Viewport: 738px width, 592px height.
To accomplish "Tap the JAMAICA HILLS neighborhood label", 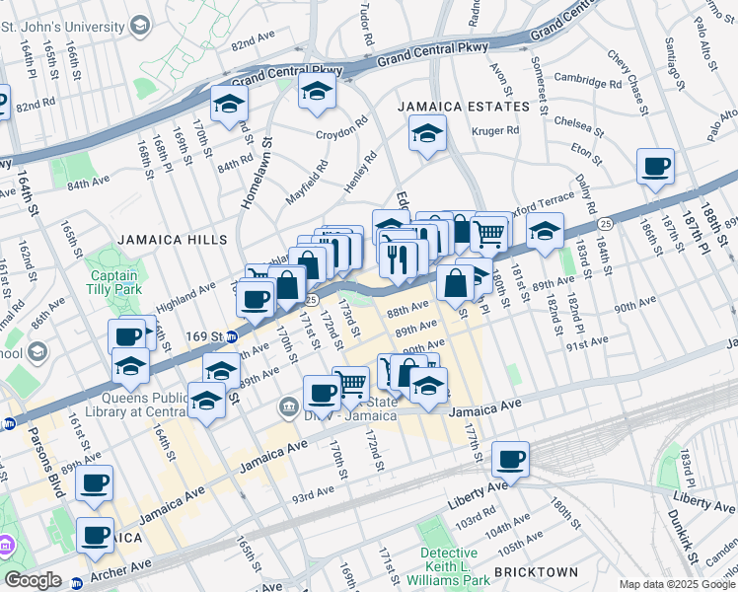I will [x=173, y=240].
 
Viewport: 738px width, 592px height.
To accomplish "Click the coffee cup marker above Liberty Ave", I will [x=510, y=459].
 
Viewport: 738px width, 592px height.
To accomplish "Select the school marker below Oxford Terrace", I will [x=544, y=232].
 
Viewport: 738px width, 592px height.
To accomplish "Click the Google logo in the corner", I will [x=33, y=580].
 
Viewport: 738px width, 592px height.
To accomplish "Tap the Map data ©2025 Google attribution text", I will [x=676, y=583].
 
